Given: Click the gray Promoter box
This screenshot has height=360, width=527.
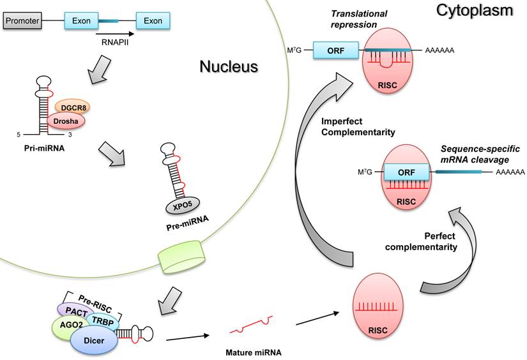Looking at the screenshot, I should [22, 22].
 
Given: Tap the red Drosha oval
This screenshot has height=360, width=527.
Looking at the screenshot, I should [65, 121].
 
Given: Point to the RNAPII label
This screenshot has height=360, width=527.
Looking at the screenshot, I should [117, 45].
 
